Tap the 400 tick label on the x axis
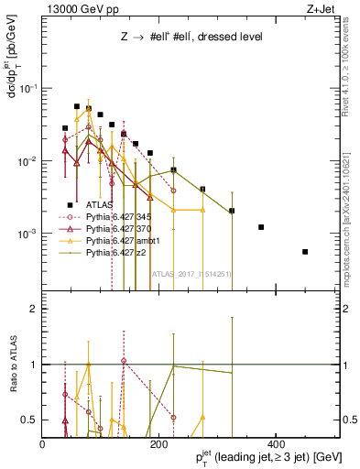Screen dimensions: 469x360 (275, 443)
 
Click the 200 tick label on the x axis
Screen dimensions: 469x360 (159, 443)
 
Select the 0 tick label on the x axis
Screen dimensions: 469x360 (43, 443)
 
